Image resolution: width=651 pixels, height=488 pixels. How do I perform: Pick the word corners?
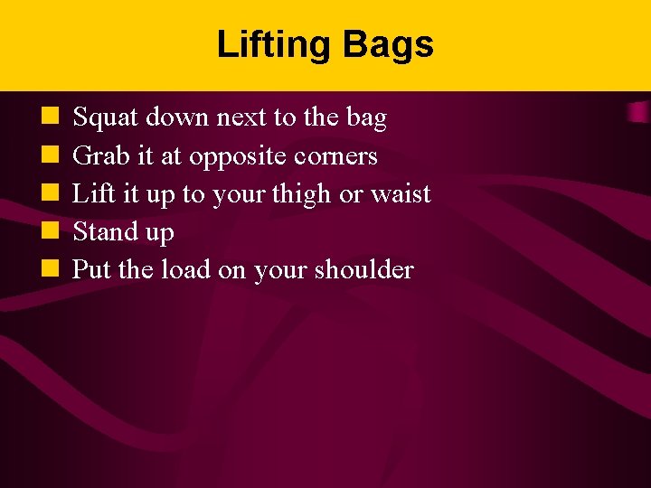pos(335,156)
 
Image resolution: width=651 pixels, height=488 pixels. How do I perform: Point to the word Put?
pos(88,270)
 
